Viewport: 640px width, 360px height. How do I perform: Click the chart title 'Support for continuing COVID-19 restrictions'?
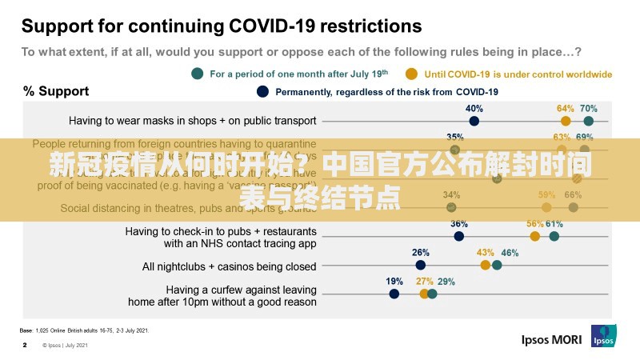(x=221, y=25)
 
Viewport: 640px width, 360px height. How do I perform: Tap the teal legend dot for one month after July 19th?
(x=198, y=74)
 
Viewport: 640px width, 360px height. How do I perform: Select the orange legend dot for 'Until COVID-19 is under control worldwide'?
(x=411, y=74)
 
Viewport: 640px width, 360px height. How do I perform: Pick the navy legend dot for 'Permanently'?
(x=262, y=91)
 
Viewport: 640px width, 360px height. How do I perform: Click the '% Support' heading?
(x=55, y=91)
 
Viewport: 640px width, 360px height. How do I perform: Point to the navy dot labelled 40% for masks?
(x=474, y=121)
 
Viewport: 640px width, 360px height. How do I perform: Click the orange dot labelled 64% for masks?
(x=566, y=121)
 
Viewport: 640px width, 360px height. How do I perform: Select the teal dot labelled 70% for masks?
(x=589, y=121)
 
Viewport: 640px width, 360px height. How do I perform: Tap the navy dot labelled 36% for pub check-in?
(x=458, y=236)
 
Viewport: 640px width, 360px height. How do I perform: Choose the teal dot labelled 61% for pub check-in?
(x=554, y=236)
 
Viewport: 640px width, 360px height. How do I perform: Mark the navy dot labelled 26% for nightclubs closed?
(x=421, y=265)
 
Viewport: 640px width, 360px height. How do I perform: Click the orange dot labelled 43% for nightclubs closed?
(x=486, y=265)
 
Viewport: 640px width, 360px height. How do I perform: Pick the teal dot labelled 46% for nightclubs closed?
(x=497, y=265)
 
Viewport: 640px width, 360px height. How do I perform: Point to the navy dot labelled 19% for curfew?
(x=394, y=294)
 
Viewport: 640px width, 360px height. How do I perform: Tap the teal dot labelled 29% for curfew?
(x=432, y=294)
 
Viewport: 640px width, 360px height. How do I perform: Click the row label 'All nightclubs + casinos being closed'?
(x=229, y=266)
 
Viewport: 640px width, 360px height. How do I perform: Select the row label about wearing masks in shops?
(x=193, y=121)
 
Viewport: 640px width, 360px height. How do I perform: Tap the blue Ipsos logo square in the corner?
(x=603, y=336)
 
